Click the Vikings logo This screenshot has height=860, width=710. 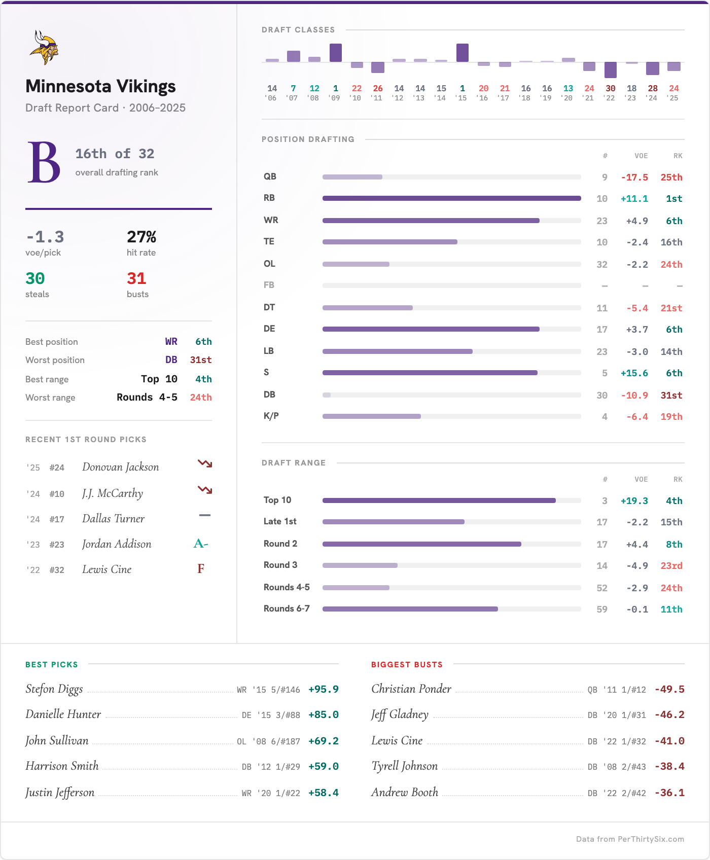[44, 48]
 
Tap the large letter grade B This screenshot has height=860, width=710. [44, 162]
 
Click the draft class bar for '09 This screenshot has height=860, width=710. [335, 53]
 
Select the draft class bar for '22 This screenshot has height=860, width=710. [610, 69]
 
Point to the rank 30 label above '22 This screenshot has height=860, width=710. [610, 88]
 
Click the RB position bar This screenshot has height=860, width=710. [451, 198]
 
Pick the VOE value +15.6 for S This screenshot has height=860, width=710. [634, 373]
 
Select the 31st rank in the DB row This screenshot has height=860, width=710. [671, 396]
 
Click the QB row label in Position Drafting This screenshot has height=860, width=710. [270, 176]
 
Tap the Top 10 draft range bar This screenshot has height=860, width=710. [439, 500]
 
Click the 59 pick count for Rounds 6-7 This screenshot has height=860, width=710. [602, 610]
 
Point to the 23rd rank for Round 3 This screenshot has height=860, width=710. [671, 566]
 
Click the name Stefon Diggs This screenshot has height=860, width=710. [54, 689]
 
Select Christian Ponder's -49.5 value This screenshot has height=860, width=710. [669, 690]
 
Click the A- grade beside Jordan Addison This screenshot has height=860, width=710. [201, 544]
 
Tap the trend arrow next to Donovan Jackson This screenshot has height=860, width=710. [205, 464]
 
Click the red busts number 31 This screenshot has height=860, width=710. [136, 278]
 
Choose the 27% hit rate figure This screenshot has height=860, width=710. [141, 237]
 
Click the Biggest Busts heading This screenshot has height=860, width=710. [407, 665]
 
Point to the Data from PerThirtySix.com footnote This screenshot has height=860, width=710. [629, 839]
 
